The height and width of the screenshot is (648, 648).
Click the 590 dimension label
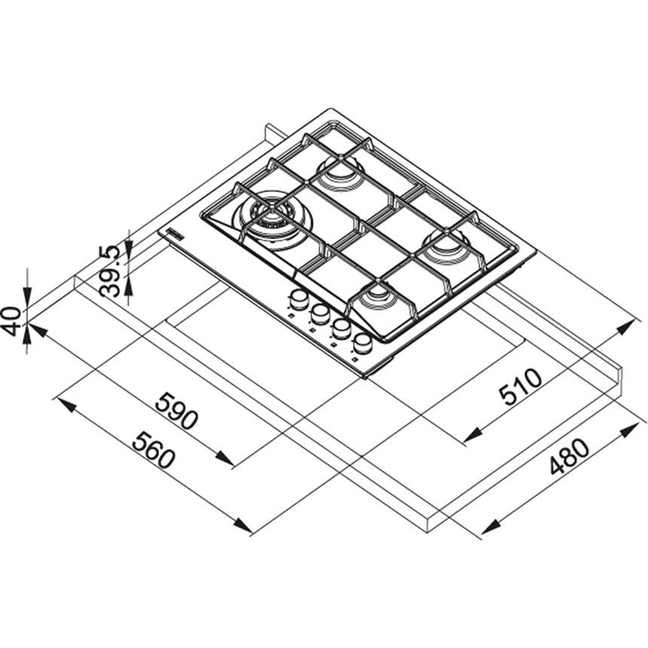(176, 411)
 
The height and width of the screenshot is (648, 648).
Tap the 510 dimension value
(521, 387)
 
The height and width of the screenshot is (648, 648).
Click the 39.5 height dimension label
(110, 271)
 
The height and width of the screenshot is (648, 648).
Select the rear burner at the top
(340, 173)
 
